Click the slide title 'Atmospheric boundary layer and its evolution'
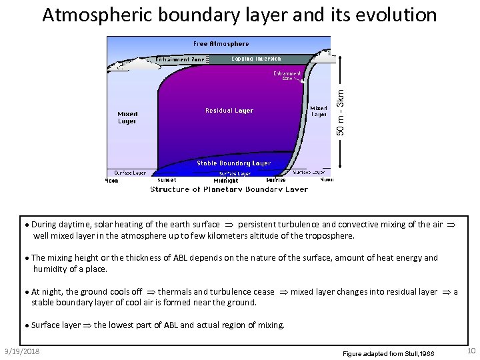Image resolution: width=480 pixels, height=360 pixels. pyautogui.click(x=239, y=15)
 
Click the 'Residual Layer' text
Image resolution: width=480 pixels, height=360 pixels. pyautogui.click(x=229, y=111)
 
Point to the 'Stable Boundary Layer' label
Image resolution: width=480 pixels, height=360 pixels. pyautogui.click(x=233, y=163)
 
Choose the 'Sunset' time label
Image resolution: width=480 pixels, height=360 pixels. pyautogui.click(x=167, y=180)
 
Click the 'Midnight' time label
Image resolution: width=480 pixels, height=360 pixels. pyautogui.click(x=226, y=181)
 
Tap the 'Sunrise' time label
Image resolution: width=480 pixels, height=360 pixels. pyautogui.click(x=276, y=180)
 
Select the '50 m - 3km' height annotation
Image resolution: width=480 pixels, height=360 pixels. pyautogui.click(x=341, y=113)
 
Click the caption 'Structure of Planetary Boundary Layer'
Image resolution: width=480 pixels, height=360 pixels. pyautogui.click(x=229, y=189)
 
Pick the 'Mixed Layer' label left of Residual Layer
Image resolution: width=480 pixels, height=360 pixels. pyautogui.click(x=127, y=117)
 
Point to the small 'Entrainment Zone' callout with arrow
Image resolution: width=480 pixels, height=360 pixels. pyautogui.click(x=287, y=75)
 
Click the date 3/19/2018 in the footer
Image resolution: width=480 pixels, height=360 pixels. pyautogui.click(x=21, y=351)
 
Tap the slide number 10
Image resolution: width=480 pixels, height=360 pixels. pyautogui.click(x=471, y=351)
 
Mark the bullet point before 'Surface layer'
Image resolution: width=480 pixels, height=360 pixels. pyautogui.click(x=27, y=325)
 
